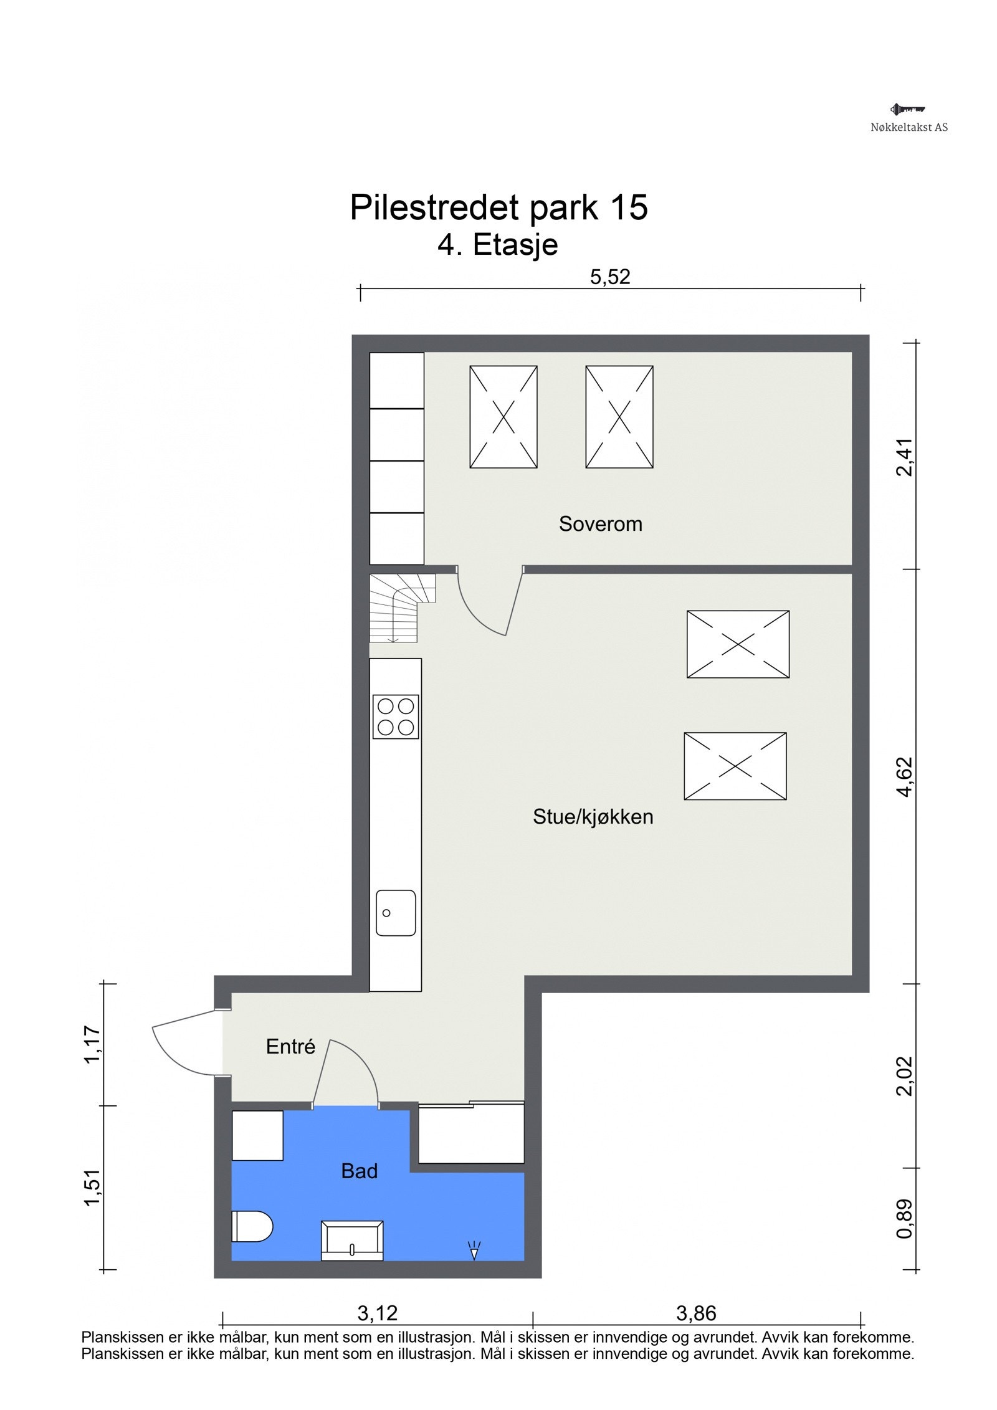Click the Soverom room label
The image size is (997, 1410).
pos(600,524)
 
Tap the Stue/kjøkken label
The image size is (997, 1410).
pos(593,816)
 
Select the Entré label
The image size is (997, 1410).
pos(290,1046)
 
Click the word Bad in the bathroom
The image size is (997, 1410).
pos(360,1171)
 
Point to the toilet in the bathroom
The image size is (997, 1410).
pos(252,1226)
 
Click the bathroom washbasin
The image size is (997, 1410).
pos(351,1241)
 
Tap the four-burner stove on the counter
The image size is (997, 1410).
pos(396,717)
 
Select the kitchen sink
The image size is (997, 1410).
pos(396,912)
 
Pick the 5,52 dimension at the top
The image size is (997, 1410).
pos(610,277)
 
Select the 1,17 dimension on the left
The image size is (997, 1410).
pos(92,1045)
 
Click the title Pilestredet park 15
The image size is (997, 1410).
pos(499,207)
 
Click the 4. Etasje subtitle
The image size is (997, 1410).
pos(497,245)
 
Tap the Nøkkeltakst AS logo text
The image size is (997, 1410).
pos(909,127)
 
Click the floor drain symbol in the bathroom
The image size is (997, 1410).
pos(474,1249)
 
